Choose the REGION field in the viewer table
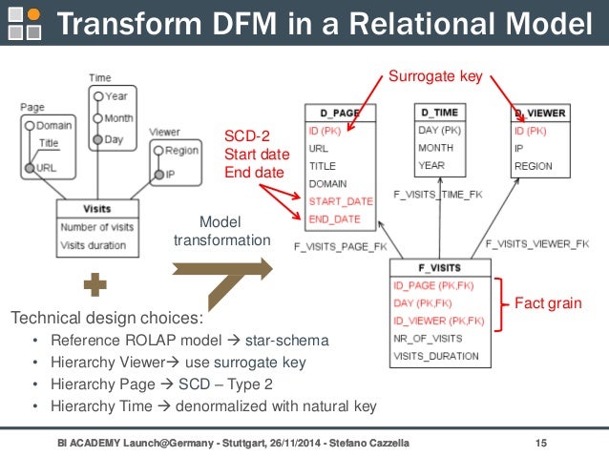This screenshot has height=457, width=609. coord(533,165)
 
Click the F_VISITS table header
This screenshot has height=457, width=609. coord(439,269)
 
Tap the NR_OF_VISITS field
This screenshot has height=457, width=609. coord(428,339)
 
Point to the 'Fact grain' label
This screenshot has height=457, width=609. coord(548,303)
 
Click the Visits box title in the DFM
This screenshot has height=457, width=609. coord(97,208)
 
